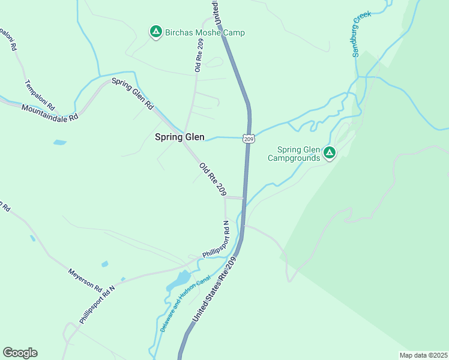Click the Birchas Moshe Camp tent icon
pos(155,32)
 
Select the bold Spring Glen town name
pos(179,137)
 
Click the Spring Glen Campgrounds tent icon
pos(329,153)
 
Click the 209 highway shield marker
pos(249,139)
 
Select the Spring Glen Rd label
pos(132,94)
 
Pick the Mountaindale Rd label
pos(50,113)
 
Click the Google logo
pos(20,353)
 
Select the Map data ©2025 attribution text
pos(423,355)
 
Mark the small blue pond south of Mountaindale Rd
pos(60,143)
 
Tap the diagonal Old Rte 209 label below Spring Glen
pos(212,179)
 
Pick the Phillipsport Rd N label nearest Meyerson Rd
pos(97,302)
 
